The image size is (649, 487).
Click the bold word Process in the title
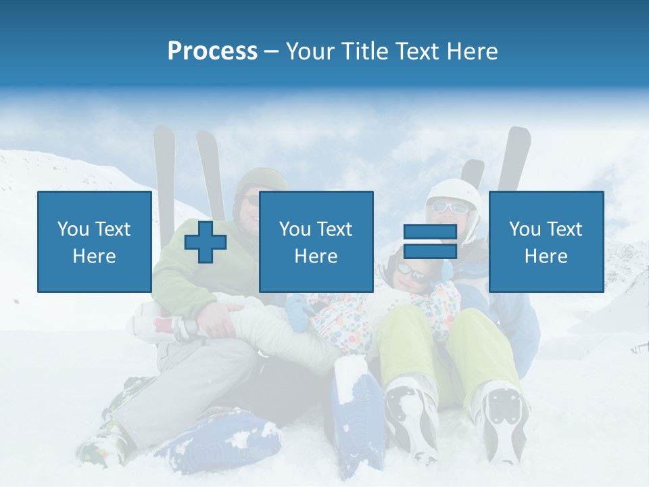(x=212, y=51)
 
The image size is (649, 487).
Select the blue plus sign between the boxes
(x=206, y=242)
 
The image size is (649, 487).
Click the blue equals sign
(x=430, y=241)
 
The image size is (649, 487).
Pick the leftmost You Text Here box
(x=94, y=241)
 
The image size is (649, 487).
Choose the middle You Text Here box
(x=316, y=241)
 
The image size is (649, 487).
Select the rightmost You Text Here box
(x=546, y=241)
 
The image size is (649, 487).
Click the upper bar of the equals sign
(x=430, y=232)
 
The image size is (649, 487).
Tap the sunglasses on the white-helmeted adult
(x=446, y=208)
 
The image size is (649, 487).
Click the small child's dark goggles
(x=411, y=273)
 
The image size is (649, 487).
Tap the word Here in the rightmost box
(x=546, y=256)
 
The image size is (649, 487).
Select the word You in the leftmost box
(x=72, y=229)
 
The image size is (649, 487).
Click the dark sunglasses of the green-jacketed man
(x=253, y=200)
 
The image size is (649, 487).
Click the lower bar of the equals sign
(x=430, y=251)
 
